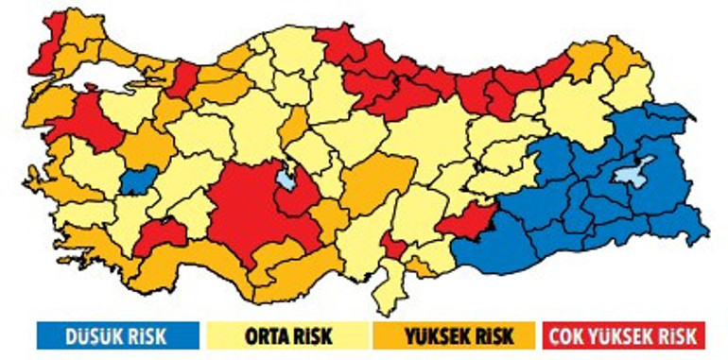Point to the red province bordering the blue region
(x=468, y=221)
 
